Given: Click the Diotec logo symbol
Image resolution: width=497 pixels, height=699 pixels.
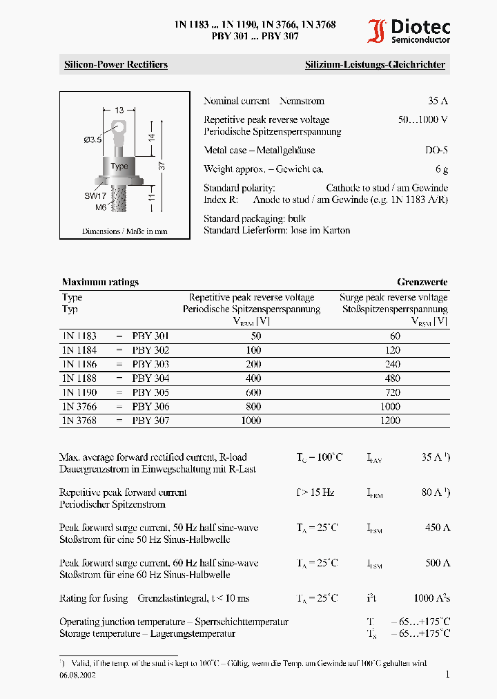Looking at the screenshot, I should pyautogui.click(x=377, y=32).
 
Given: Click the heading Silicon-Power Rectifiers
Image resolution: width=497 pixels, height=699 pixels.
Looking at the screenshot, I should pyautogui.click(x=116, y=65).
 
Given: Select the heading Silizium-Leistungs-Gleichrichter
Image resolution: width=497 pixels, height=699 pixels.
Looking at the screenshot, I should pyautogui.click(x=375, y=65).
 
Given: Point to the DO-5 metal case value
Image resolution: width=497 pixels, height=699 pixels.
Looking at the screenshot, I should pyautogui.click(x=436, y=150).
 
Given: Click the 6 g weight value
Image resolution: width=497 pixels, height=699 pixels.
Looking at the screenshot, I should pyautogui.click(x=442, y=169).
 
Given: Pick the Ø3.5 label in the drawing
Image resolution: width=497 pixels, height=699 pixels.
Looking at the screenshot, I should pyautogui.click(x=92, y=140).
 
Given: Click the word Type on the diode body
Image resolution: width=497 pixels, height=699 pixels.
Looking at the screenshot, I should pyautogui.click(x=119, y=166).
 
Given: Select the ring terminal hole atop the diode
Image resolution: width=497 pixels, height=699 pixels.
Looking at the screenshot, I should pyautogui.click(x=120, y=127).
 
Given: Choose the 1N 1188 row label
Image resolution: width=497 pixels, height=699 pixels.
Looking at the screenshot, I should pyautogui.click(x=79, y=379).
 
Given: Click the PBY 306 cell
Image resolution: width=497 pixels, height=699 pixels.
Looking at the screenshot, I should pyautogui.click(x=150, y=407).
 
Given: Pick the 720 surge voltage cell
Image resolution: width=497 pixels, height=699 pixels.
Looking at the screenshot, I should pyautogui.click(x=390, y=392).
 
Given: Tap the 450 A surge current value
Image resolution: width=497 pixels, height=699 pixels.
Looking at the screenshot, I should pyautogui.click(x=438, y=528).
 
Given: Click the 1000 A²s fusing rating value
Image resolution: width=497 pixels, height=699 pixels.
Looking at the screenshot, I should pyautogui.click(x=432, y=598).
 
